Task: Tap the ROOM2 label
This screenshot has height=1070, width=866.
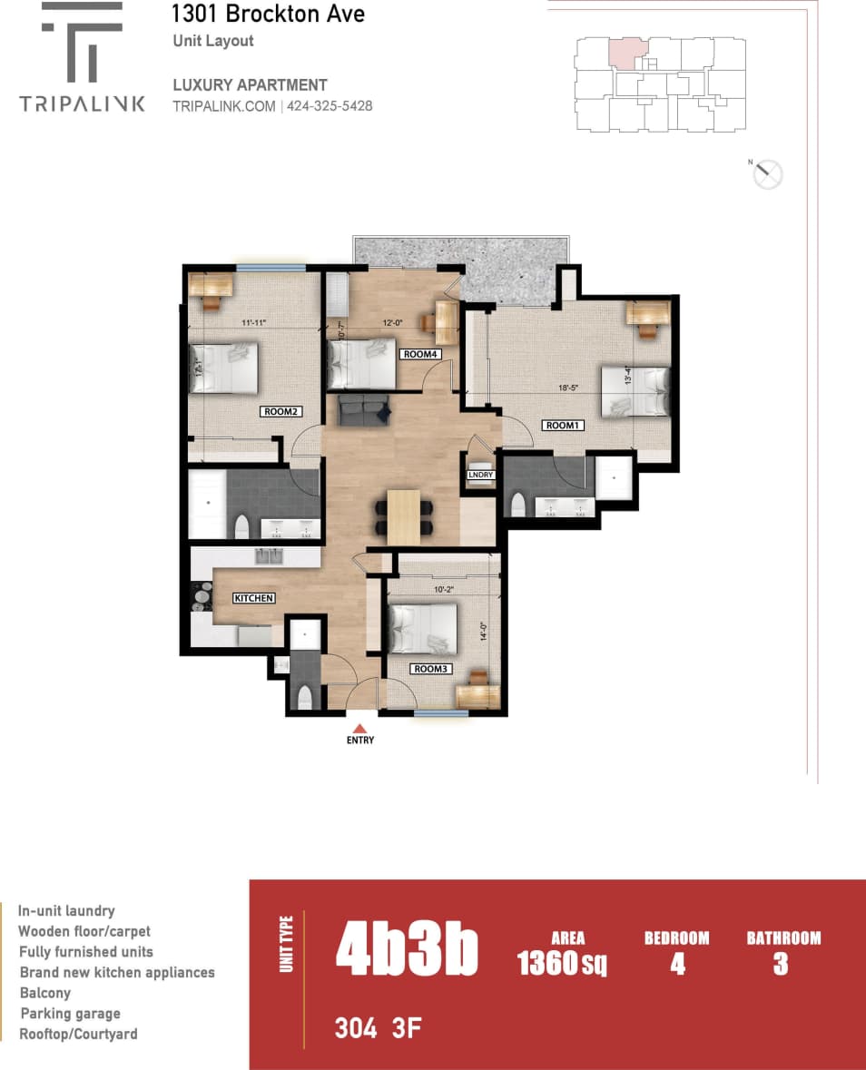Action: point(281,411)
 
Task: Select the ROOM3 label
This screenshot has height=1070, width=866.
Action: point(430,669)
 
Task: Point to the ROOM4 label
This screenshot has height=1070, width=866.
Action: point(422,355)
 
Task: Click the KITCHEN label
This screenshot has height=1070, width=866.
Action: point(254,598)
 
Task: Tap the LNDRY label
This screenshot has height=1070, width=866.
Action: point(480,475)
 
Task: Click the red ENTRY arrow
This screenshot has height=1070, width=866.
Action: point(359,728)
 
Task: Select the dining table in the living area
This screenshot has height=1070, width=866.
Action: point(404,517)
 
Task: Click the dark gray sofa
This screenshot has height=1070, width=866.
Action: point(365,410)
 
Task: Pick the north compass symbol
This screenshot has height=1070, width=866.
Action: point(768,173)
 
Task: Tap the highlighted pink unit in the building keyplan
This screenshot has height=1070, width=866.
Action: point(625,54)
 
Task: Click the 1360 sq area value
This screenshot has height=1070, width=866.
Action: point(562,963)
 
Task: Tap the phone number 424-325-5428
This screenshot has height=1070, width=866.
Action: point(330,106)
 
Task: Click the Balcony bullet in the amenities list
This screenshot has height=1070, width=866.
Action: point(44,993)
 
